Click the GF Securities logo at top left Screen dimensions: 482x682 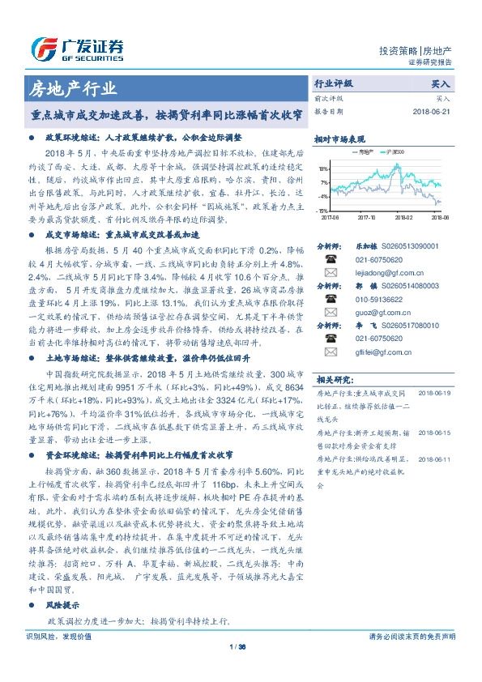tap(75, 46)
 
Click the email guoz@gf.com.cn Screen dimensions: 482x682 tap(378, 312)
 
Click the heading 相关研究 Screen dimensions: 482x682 tap(332, 379)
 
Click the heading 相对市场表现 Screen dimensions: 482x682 tap(339, 139)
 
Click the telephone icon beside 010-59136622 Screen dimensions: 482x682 tap(331, 299)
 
